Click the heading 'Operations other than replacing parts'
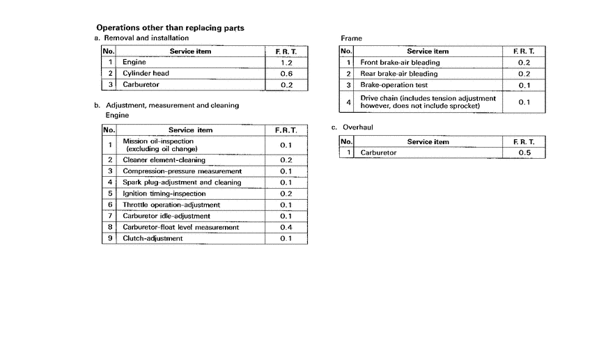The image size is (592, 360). [170, 28]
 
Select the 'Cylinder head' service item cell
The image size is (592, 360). [146, 73]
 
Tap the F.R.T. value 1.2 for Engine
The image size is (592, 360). [286, 63]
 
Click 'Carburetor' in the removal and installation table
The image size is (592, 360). [141, 85]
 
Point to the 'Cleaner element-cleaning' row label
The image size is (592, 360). [164, 160]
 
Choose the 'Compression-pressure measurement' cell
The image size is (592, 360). [182, 171]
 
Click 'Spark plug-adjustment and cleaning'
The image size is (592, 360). [182, 182]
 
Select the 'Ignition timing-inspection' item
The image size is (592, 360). [164, 194]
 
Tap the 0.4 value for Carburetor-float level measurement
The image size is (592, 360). [286, 227]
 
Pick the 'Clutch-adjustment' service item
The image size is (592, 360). [153, 238]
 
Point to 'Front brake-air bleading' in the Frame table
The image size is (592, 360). [400, 63]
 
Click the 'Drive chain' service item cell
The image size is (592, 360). [428, 102]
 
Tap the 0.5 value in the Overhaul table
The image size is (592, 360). [525, 152]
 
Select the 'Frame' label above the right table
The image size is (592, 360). [351, 38]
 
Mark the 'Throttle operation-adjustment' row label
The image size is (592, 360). [171, 205]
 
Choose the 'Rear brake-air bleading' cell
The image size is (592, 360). [399, 74]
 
